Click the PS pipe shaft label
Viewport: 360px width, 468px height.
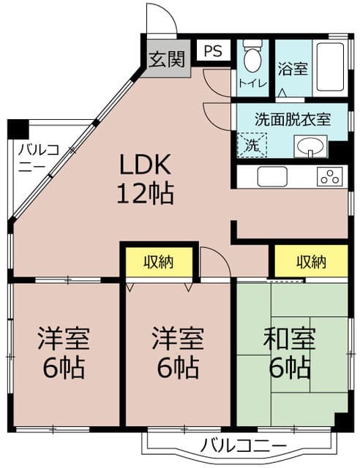pos(213,51)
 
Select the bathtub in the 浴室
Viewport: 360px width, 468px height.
pos(330,67)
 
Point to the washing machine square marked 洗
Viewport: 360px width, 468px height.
pos(252,146)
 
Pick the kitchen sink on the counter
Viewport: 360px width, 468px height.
pos(272,176)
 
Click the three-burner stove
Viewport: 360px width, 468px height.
pos(330,176)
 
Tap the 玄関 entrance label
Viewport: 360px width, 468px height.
pos(167,59)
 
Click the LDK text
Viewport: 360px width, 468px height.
pos(145,164)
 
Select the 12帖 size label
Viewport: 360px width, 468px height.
pos(145,193)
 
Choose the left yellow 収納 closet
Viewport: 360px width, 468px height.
pos(159,262)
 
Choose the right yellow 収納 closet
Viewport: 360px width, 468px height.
pos(311,262)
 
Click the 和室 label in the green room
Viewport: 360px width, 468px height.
pos(289,339)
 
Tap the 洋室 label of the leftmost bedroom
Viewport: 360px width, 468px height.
pos(64,339)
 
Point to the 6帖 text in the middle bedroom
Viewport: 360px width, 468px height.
pos(178,367)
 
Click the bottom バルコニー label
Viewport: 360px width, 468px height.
pos(244,445)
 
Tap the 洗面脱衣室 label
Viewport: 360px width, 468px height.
pos(293,119)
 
